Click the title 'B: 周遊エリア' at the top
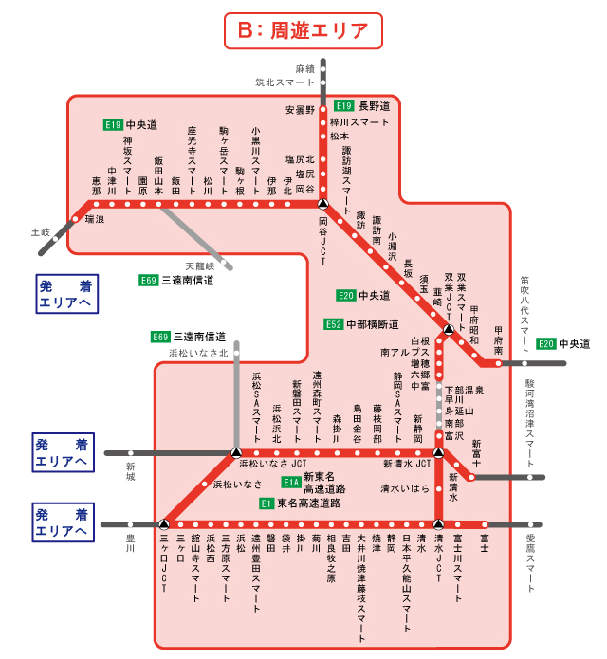click(303, 29)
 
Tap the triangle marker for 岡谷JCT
click(322, 204)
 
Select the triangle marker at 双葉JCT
click(449, 329)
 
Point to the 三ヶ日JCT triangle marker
click(165, 523)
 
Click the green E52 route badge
click(333, 324)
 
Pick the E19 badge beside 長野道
click(344, 105)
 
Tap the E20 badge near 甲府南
click(546, 343)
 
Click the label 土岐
click(39, 231)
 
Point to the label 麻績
click(303, 69)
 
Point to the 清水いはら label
click(405, 488)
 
